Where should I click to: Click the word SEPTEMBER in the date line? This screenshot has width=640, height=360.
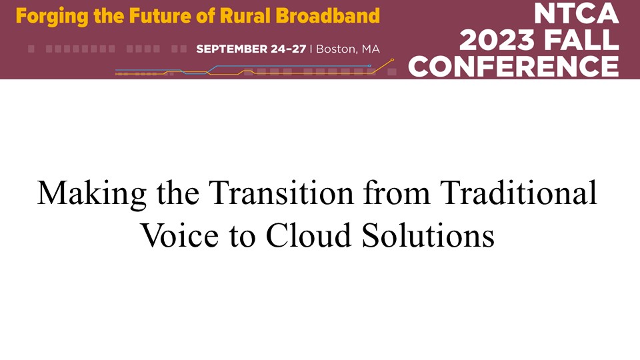tap(231, 49)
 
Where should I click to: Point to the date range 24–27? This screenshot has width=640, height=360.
tap(288, 49)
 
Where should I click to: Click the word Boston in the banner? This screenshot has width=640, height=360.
tap(336, 49)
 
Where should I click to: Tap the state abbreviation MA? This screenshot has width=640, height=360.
tap(371, 49)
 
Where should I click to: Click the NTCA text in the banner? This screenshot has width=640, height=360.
tap(576, 13)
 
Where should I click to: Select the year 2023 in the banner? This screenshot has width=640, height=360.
tap(497, 39)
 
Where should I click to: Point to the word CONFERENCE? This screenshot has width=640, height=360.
tap(513, 66)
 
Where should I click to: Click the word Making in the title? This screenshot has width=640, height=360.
tap(92, 193)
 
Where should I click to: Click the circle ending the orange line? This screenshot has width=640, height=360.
tap(392, 60)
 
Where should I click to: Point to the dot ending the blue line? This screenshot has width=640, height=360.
tap(369, 66)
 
